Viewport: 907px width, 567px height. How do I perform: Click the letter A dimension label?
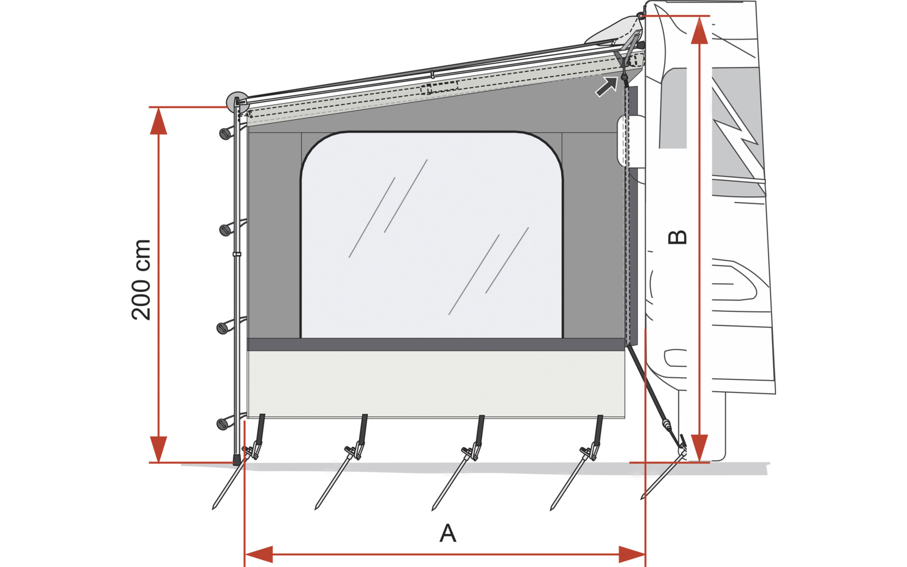[448, 533]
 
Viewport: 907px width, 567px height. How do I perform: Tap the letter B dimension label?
[677, 237]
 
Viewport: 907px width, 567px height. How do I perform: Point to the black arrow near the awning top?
[606, 87]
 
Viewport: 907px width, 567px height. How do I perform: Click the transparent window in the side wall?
[431, 235]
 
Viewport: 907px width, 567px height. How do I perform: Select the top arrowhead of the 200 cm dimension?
[159, 121]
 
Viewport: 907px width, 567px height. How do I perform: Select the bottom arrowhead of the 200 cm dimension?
[159, 449]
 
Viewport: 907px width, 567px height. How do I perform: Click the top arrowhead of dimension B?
[700, 31]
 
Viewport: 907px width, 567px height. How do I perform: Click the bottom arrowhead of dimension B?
[700, 448]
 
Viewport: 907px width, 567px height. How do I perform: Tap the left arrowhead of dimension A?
[259, 554]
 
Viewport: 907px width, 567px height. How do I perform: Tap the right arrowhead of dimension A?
[631, 554]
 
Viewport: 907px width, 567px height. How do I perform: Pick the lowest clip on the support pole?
[223, 423]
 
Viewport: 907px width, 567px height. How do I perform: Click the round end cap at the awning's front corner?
[236, 103]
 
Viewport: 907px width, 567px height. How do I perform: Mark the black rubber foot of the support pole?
[236, 460]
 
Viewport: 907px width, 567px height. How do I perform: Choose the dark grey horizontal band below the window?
[436, 344]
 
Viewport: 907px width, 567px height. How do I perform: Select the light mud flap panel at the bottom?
[436, 384]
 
